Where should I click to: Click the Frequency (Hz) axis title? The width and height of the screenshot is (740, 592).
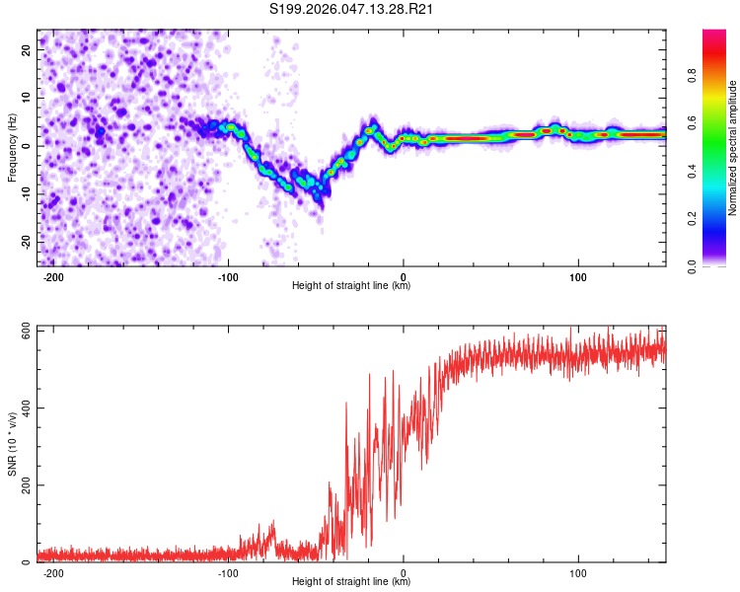[x=12, y=146]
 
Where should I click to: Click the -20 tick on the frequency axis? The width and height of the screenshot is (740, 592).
[x=26, y=242]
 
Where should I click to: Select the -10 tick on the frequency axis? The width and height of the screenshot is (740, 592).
[x=26, y=193]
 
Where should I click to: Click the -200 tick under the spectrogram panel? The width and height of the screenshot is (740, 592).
[x=53, y=277]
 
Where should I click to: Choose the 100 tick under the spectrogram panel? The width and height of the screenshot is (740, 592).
[x=578, y=277]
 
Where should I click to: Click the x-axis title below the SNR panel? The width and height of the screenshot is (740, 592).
[x=351, y=582]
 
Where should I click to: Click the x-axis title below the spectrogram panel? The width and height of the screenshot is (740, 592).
[x=351, y=286]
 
